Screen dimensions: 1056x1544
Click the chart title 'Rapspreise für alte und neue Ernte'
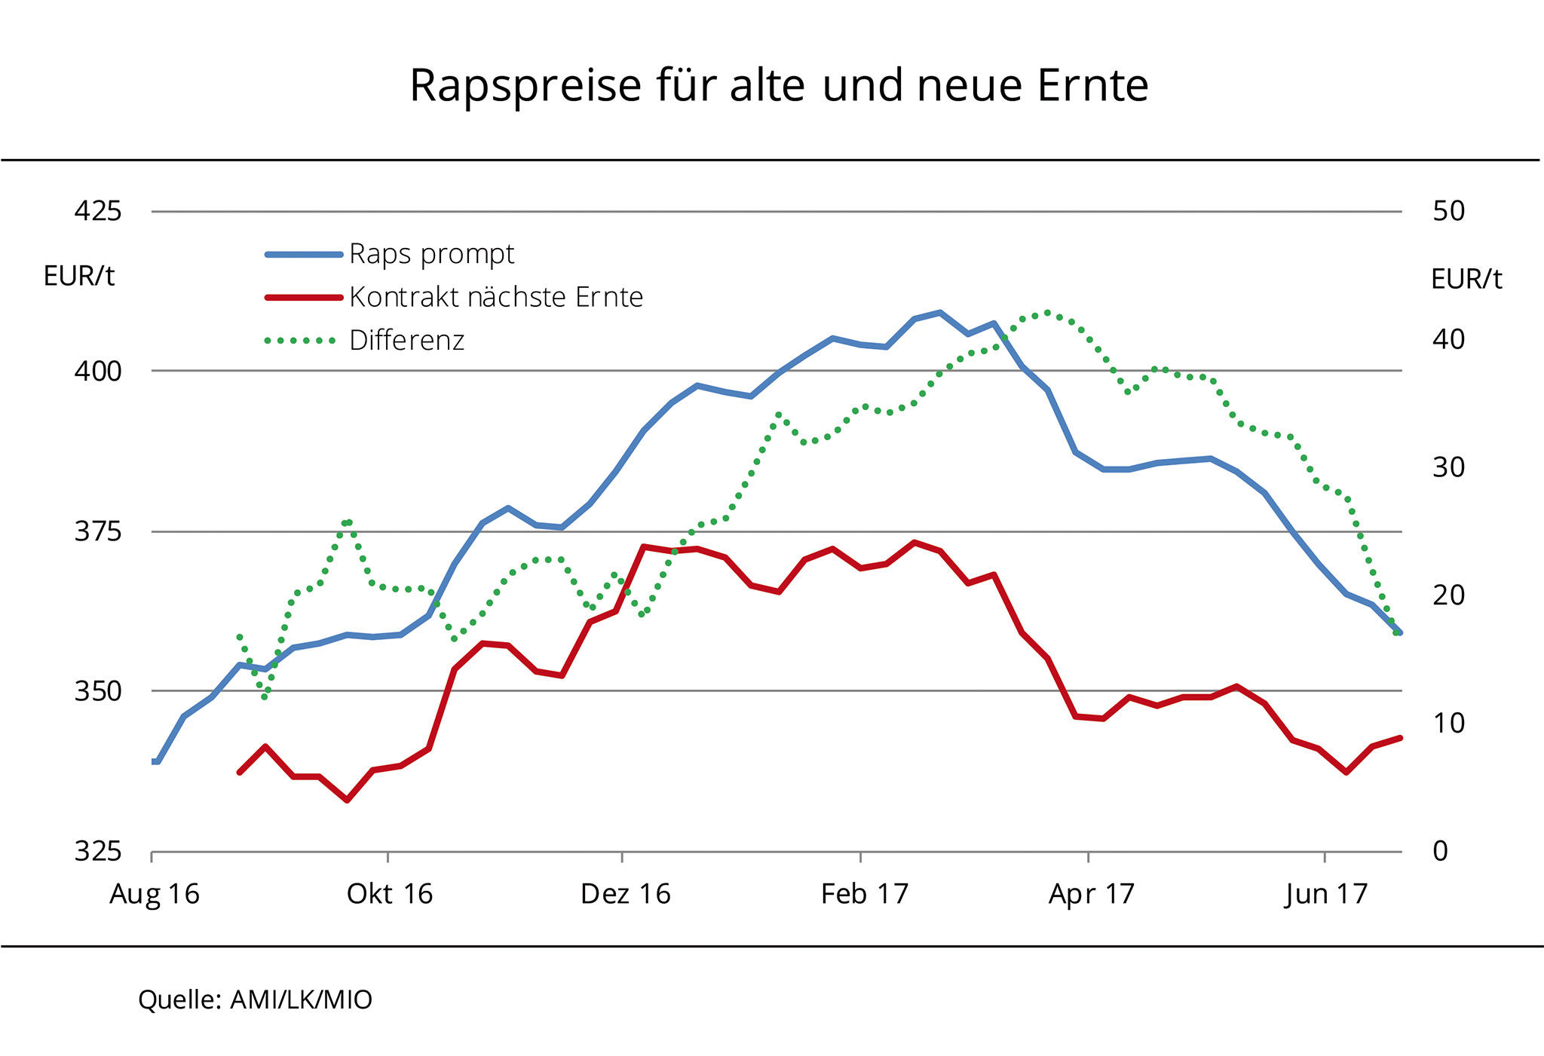click(778, 86)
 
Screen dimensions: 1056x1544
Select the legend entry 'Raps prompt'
click(431, 255)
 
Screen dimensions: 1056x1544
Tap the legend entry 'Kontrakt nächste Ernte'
click(495, 298)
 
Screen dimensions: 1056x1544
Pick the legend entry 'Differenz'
click(406, 341)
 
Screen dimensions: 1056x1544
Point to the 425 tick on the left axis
click(98, 211)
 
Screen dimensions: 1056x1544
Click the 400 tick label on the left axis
click(98, 371)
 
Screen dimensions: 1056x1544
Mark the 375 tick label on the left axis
click(98, 532)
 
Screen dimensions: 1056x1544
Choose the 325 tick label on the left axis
click(98, 851)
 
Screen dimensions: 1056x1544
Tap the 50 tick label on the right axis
click(1448, 211)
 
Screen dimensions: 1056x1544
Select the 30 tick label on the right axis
click(1448, 467)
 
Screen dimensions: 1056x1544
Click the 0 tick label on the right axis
click(1440, 851)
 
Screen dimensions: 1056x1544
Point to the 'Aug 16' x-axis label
click(155, 895)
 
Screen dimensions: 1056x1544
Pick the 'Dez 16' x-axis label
click(625, 895)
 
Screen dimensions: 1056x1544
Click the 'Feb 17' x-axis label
click(864, 895)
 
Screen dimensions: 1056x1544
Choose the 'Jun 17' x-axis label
click(1326, 895)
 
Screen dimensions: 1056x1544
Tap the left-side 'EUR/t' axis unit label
click(79, 277)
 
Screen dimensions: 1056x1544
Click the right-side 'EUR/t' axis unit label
click(1466, 280)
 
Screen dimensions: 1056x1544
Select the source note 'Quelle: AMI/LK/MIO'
click(255, 1000)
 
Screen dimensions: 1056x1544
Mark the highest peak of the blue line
click(939, 312)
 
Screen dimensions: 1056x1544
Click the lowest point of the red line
click(347, 800)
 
